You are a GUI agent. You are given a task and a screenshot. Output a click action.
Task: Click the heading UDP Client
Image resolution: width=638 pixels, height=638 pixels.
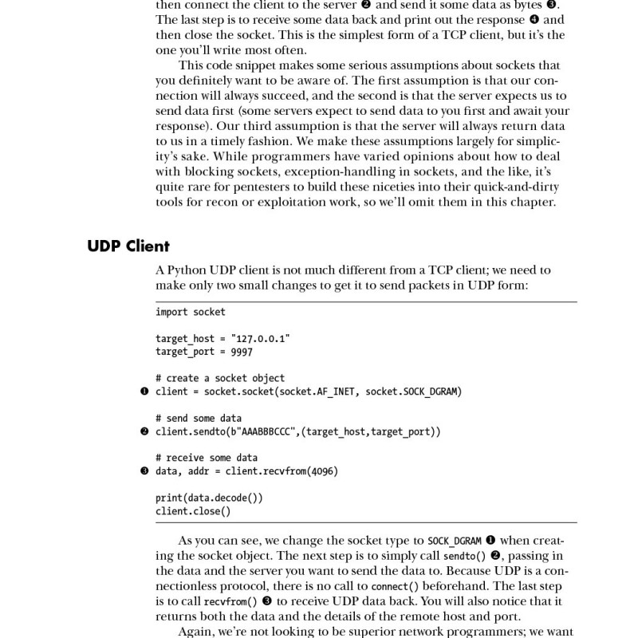[x=128, y=246]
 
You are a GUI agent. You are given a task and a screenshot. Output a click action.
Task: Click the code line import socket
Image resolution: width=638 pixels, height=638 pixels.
[x=190, y=312]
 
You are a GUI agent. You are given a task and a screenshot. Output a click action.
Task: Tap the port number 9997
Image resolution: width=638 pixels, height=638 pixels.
[x=242, y=352]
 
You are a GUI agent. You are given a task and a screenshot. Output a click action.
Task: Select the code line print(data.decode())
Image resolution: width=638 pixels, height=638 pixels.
[x=209, y=498]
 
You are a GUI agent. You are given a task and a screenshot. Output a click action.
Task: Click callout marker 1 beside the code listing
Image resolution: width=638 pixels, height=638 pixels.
[x=144, y=392]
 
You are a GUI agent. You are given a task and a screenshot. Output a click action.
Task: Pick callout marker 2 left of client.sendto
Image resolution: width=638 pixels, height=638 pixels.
[x=144, y=431]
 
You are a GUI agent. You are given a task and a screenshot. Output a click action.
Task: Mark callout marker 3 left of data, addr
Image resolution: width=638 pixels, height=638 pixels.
[x=144, y=471]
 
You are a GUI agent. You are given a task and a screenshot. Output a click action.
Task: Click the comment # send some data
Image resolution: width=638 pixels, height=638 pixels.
[x=199, y=418]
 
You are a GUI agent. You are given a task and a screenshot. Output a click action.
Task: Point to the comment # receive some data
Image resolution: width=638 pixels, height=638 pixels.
[x=207, y=458]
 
